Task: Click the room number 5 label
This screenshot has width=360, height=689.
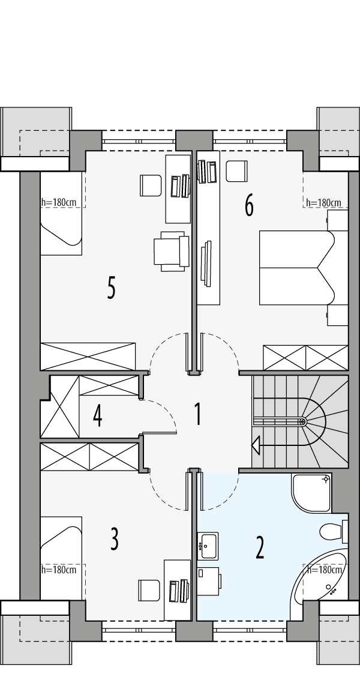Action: (x=111, y=288)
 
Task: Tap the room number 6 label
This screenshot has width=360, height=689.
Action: (x=249, y=206)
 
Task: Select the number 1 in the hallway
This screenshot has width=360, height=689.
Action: (x=197, y=415)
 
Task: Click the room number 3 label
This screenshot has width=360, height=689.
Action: (x=114, y=540)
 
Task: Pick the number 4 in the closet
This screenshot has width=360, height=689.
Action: (x=97, y=416)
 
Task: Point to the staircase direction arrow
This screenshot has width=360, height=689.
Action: (x=256, y=445)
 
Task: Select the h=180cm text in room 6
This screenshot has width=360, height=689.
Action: (x=323, y=203)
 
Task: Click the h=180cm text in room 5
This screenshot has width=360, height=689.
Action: (x=59, y=202)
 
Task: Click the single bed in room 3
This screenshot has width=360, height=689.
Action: (x=61, y=558)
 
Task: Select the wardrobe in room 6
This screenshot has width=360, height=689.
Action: (x=305, y=358)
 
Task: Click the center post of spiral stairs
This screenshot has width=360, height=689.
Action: (x=303, y=422)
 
